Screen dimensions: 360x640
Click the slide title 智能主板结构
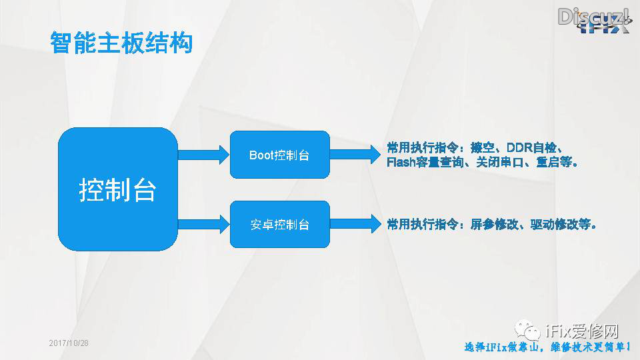point(121,42)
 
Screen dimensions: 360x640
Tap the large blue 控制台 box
point(118,189)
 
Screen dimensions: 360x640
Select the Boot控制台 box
point(279,155)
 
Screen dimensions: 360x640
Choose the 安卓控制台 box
point(279,224)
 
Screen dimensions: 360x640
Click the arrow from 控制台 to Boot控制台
point(203,155)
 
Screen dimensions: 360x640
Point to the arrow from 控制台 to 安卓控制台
point(203,224)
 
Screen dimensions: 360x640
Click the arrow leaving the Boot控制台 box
point(353,155)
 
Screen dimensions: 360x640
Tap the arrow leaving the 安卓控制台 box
point(353,224)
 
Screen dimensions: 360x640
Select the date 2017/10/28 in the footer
point(69,343)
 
